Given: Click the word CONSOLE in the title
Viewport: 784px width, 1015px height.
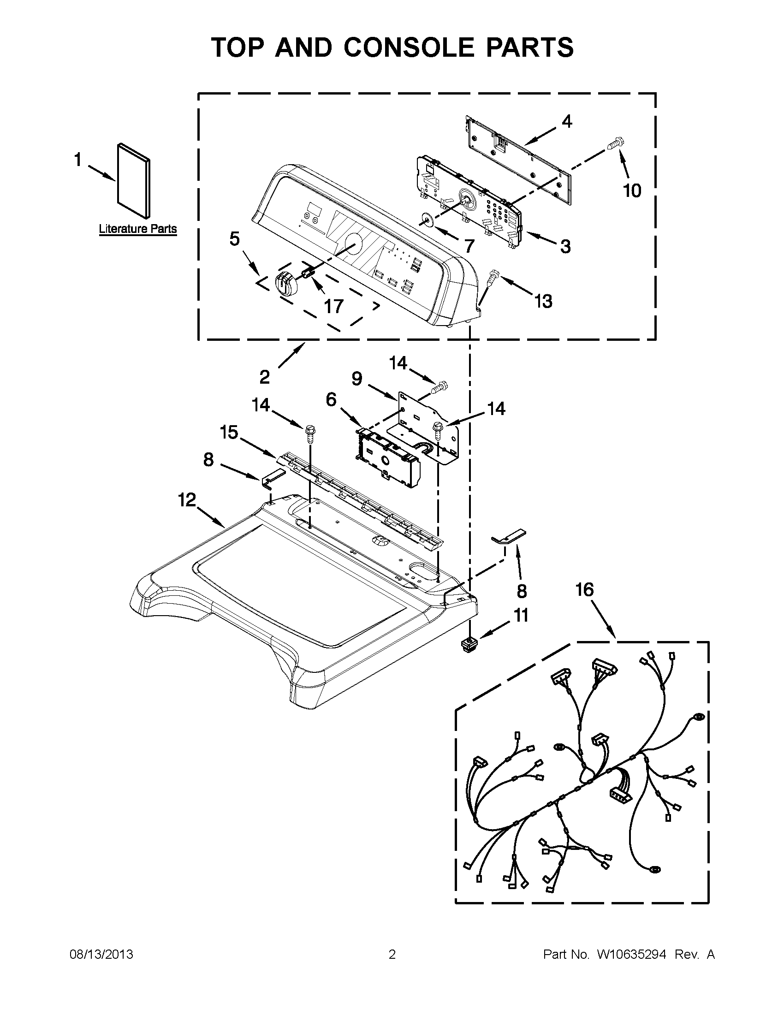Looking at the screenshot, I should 408,47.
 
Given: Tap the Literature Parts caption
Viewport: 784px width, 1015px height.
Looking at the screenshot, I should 137,229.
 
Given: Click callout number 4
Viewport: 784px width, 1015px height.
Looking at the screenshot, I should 566,122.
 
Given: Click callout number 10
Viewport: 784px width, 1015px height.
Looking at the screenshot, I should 632,190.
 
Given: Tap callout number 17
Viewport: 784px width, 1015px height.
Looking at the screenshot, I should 334,307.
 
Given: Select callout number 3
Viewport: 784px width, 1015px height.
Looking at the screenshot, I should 565,246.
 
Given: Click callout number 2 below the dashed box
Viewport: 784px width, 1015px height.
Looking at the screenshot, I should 264,377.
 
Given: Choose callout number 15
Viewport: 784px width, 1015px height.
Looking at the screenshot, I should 229,432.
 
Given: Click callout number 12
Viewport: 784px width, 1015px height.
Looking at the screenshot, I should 187,500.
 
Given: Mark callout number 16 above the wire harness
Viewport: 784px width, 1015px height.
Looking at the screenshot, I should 585,590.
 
